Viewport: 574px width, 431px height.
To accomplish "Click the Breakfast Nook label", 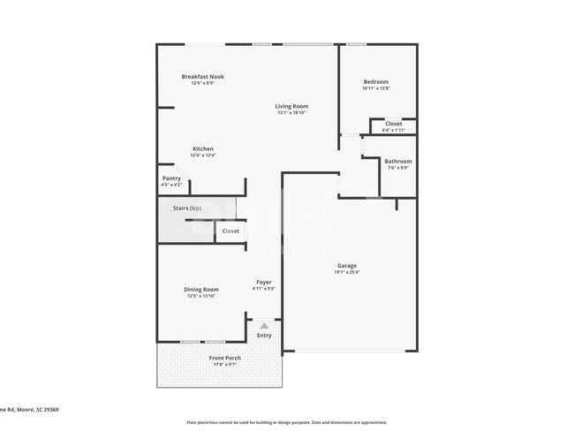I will (x=203, y=77).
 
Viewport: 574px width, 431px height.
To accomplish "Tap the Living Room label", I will (x=291, y=107).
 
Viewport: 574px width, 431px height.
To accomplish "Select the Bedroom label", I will (x=376, y=82).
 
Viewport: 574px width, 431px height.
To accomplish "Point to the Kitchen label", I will (x=203, y=148).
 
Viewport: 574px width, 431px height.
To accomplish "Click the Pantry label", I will (x=171, y=178).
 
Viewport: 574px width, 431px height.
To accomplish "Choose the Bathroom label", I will (x=397, y=161).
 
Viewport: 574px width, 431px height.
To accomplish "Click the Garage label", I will (x=346, y=266).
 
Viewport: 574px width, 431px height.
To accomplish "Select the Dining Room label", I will (x=202, y=290).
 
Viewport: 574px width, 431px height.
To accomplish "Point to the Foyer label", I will (x=264, y=282).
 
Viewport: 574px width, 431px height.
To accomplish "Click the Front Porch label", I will (x=224, y=358).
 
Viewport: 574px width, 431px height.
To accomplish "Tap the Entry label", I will (x=264, y=336).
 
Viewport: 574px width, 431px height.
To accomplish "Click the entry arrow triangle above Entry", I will (x=263, y=325).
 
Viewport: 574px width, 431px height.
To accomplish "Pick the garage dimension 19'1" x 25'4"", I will (x=346, y=272).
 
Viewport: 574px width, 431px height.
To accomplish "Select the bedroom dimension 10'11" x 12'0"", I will (x=376, y=88).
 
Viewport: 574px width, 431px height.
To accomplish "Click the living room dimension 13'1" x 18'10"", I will (x=291, y=113).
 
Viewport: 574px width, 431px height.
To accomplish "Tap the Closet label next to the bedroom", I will (x=393, y=124).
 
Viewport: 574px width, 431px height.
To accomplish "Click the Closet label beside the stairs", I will (x=230, y=231).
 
